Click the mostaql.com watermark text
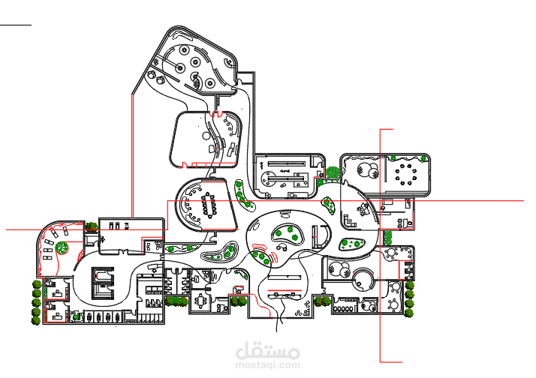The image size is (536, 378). coord(268,365)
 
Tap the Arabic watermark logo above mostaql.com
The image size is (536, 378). coord(268,350)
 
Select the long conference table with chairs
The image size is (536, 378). coord(209,205)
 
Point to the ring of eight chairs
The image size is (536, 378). coord(406,175)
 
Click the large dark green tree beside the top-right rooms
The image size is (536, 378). coord(333,172)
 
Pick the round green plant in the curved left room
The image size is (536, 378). coord(62,247)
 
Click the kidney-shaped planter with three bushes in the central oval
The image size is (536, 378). coord(288,234)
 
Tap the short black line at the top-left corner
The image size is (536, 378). coord(16,25)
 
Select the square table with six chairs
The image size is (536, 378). coord(200,301)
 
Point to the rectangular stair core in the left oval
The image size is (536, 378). coord(103,283)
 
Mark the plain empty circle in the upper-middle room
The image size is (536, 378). coord(206,136)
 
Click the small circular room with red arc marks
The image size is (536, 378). coord(363,279)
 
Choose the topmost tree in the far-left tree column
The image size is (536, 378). coord(37,284)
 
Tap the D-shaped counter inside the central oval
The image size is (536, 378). coord(321,237)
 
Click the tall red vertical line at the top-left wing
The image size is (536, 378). coord(131,156)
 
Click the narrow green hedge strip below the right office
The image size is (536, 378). coord(387,237)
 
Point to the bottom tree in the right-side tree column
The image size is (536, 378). coord(409,313)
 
